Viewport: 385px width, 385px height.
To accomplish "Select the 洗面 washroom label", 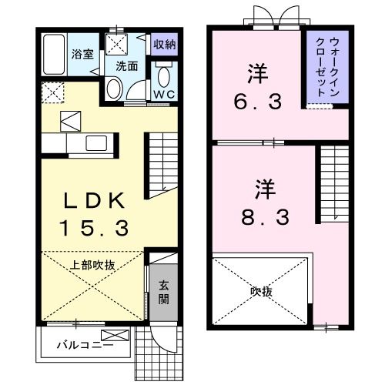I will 126,66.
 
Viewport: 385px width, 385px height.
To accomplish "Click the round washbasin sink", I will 113,89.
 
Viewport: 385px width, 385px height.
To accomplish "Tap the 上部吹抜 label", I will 93,265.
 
